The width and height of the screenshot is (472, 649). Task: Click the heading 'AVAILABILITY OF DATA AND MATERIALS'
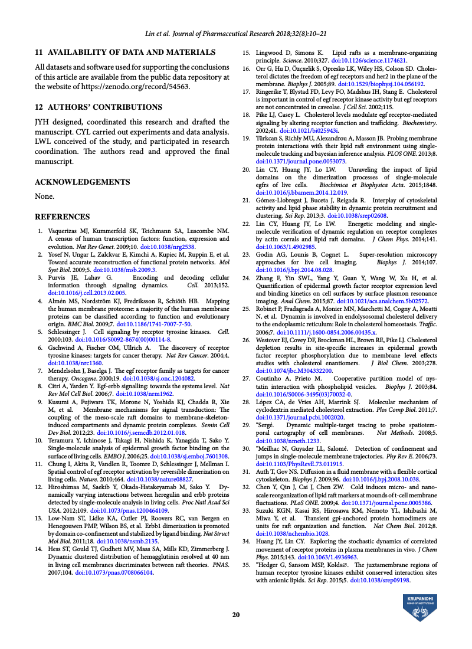point(125,53)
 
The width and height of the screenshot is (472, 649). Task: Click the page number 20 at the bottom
point(236,615)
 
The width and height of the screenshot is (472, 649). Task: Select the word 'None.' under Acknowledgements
point(44,196)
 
